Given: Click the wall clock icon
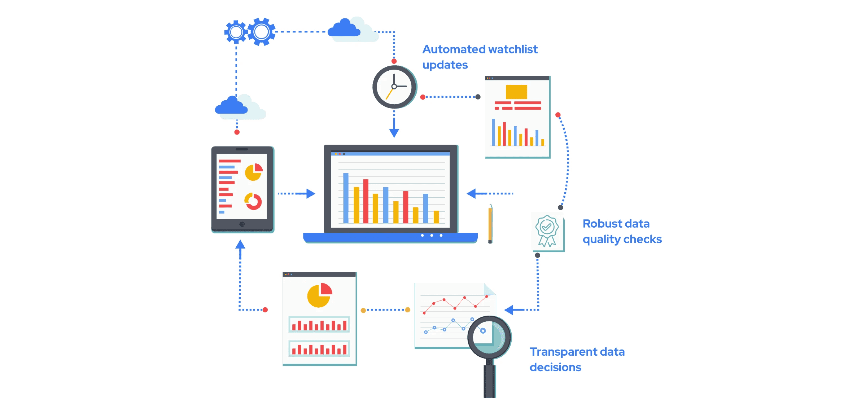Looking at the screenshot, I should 394,87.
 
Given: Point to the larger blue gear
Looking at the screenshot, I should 262,32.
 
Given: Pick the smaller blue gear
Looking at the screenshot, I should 236,32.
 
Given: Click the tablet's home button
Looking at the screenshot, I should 242,224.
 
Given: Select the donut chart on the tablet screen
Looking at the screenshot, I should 253,201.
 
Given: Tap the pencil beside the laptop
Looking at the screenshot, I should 490,224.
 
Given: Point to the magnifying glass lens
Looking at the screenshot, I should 490,337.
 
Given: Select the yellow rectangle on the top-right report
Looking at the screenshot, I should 516,92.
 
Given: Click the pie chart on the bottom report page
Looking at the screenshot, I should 319,295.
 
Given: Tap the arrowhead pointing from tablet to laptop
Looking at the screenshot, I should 311,194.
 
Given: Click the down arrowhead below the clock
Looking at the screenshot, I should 394,133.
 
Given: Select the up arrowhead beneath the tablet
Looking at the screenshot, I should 240,245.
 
